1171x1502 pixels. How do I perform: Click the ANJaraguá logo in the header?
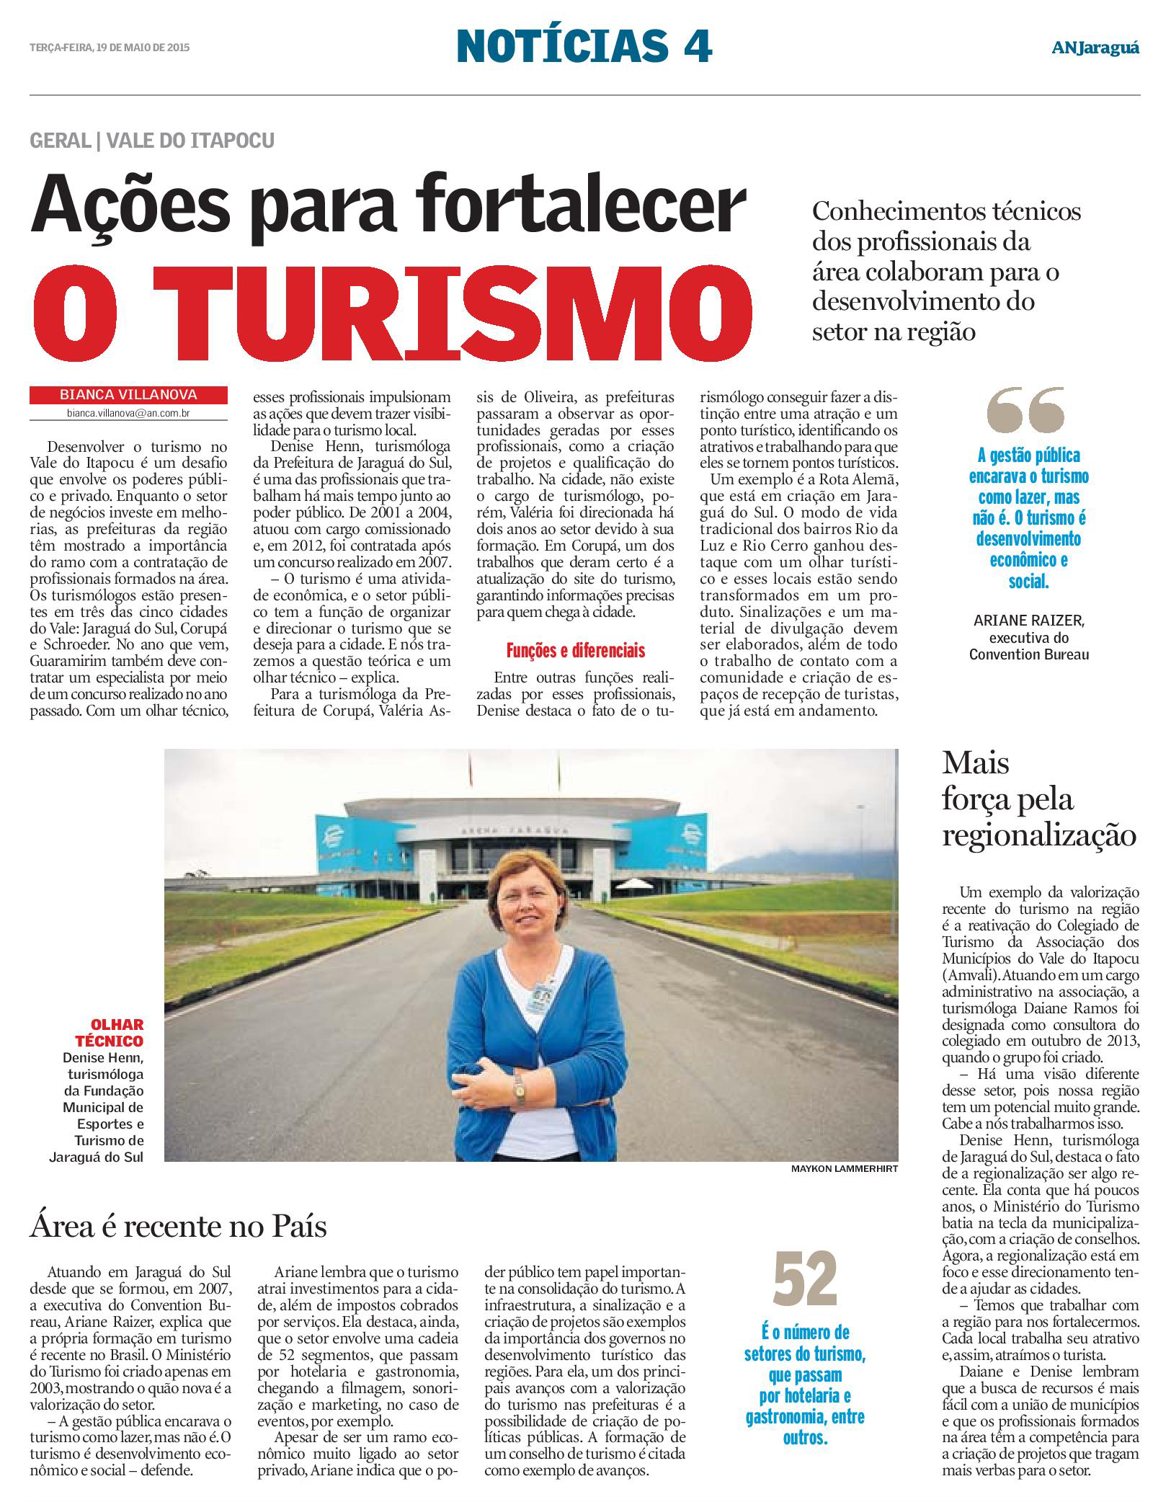[1095, 48]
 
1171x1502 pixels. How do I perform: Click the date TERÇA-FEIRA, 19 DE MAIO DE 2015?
[110, 48]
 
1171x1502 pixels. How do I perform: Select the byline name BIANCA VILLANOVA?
[128, 395]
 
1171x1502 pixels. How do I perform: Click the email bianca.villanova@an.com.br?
[128, 414]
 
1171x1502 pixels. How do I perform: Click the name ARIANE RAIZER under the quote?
[1028, 621]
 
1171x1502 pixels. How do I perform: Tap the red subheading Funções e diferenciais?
[575, 651]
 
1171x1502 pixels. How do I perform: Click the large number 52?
[804, 1280]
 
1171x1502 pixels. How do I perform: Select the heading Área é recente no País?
[178, 1226]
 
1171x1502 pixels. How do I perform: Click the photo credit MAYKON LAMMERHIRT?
[844, 1169]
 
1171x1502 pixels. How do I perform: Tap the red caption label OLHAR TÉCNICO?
[110, 1033]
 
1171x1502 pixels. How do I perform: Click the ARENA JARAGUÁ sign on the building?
[512, 831]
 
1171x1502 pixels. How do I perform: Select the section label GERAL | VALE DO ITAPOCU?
[152, 141]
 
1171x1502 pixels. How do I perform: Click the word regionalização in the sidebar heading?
[1038, 835]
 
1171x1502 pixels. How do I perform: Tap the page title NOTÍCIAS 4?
[584, 46]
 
